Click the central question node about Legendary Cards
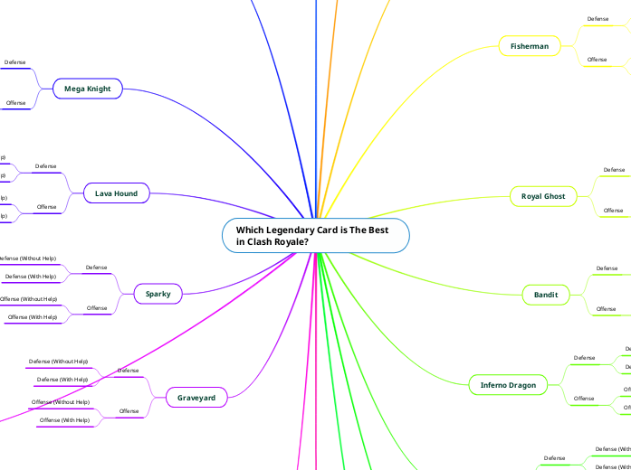point(315,236)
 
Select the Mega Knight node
point(87,89)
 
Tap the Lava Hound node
point(116,193)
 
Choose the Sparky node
point(158,293)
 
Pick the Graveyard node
point(196,397)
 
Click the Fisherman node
point(530,45)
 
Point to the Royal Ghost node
point(542,196)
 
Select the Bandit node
point(546,295)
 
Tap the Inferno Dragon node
point(508,385)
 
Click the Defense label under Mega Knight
point(15,62)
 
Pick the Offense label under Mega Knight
point(16,103)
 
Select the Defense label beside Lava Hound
point(46,166)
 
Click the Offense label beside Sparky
point(97,308)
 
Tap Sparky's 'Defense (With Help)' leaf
point(31,277)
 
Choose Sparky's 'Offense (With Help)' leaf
point(32,317)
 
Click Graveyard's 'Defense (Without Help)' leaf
point(59,362)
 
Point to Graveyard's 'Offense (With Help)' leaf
point(63,420)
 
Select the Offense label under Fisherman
point(598,60)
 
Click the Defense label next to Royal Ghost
point(614,169)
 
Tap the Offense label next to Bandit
point(606,309)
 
